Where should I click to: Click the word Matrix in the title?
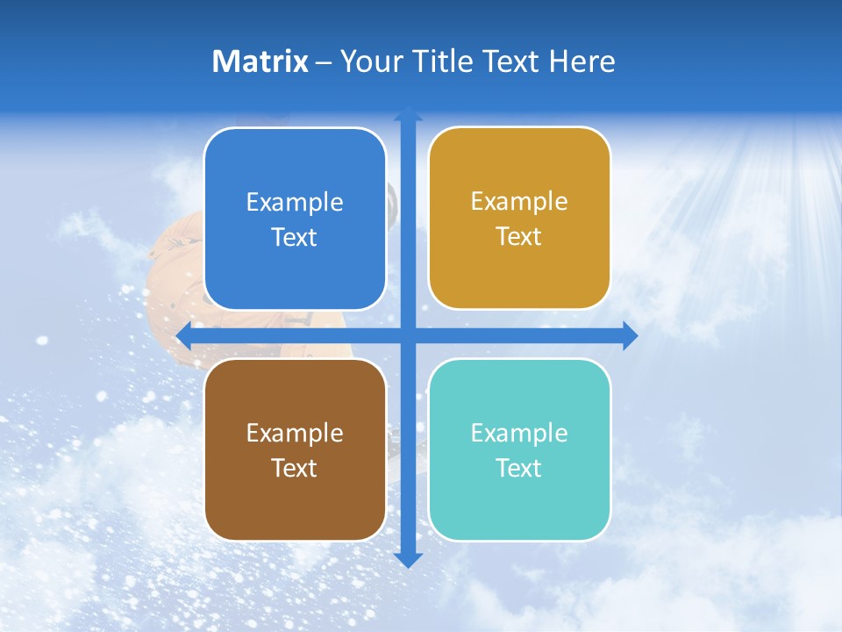(260, 61)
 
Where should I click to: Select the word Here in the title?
(582, 61)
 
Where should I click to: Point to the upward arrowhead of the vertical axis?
(408, 113)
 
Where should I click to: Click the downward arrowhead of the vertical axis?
(408, 560)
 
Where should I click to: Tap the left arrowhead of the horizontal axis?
(183, 335)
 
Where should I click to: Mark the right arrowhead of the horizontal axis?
(631, 335)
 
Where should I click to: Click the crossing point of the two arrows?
(408, 335)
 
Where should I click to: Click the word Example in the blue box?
(295, 202)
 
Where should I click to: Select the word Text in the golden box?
(519, 236)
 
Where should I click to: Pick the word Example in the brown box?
(295, 433)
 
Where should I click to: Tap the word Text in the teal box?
(519, 468)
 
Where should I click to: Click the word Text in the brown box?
(295, 468)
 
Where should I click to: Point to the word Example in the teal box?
(519, 433)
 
